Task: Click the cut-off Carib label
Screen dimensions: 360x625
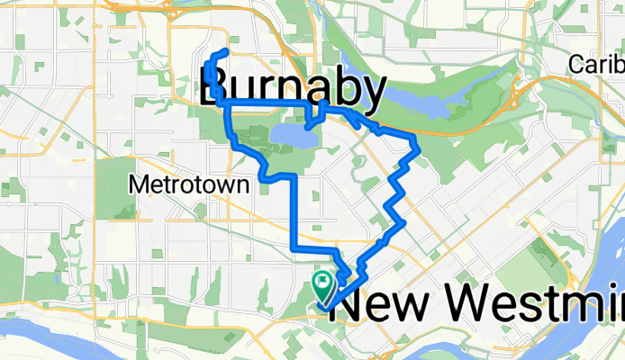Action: (597, 66)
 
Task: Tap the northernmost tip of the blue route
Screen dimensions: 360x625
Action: (222, 49)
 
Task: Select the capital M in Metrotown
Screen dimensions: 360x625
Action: (138, 184)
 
